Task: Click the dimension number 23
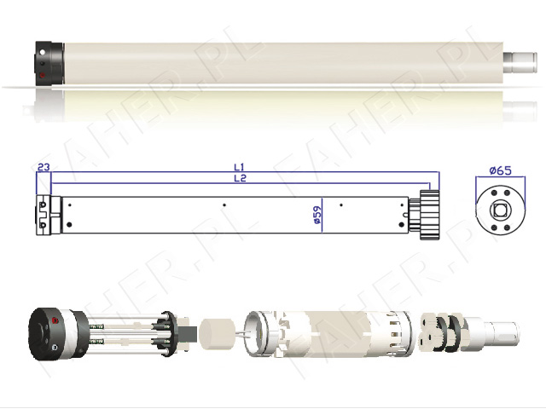(x=44, y=167)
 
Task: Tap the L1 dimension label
(x=240, y=167)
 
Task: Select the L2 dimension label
(x=240, y=178)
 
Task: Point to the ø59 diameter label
(x=317, y=215)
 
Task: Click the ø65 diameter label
(x=500, y=170)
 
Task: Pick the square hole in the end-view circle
(x=500, y=210)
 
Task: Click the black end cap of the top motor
(x=49, y=63)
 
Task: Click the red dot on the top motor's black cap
(x=43, y=75)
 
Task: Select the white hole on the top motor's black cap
(x=42, y=52)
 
